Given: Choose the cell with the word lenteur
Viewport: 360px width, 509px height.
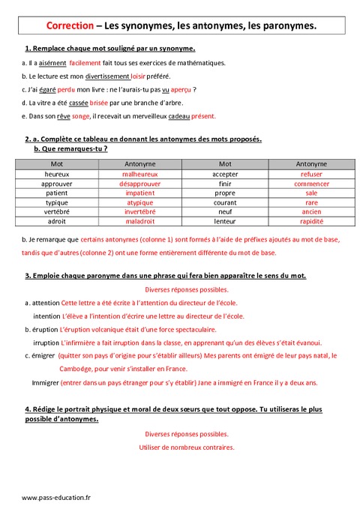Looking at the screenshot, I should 225,222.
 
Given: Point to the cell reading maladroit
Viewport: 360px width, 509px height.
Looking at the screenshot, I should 139,222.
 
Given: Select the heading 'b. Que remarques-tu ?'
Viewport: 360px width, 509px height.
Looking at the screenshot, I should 71,148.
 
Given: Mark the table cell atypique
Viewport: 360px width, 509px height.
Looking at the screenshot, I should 139,202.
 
